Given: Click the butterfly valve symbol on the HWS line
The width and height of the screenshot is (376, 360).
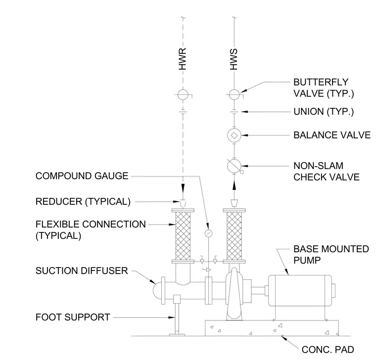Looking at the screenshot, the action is (234, 94).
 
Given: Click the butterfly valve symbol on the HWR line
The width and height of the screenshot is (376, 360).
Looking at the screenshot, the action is (183, 94).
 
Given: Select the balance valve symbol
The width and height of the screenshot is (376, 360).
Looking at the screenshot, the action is (235, 135).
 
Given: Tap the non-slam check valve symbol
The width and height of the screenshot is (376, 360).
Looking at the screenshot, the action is (235, 166).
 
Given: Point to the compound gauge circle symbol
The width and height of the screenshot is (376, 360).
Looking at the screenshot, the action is (208, 233).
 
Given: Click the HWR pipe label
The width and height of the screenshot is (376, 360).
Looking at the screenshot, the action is (183, 59).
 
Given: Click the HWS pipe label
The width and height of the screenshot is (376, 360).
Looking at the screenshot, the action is (234, 59).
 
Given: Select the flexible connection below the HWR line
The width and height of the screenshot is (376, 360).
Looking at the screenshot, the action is (183, 236).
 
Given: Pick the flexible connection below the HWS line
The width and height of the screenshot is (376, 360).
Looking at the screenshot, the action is (234, 236).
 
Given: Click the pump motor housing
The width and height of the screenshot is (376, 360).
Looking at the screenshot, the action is (300, 290).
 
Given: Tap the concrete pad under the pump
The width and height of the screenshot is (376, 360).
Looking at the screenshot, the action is (272, 328).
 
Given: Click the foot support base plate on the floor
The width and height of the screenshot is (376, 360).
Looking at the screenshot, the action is (177, 335).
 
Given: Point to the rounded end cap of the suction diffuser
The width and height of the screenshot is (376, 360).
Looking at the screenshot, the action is (157, 290).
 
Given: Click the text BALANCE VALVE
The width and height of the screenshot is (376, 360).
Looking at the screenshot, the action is (332, 135).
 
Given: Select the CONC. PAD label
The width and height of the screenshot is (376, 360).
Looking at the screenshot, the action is (328, 350).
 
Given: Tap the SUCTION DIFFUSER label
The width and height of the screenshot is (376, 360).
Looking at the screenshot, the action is (82, 270).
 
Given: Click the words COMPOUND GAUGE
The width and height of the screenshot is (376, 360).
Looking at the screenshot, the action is (82, 176).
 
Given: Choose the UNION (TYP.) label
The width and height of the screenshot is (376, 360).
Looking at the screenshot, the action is (324, 112).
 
